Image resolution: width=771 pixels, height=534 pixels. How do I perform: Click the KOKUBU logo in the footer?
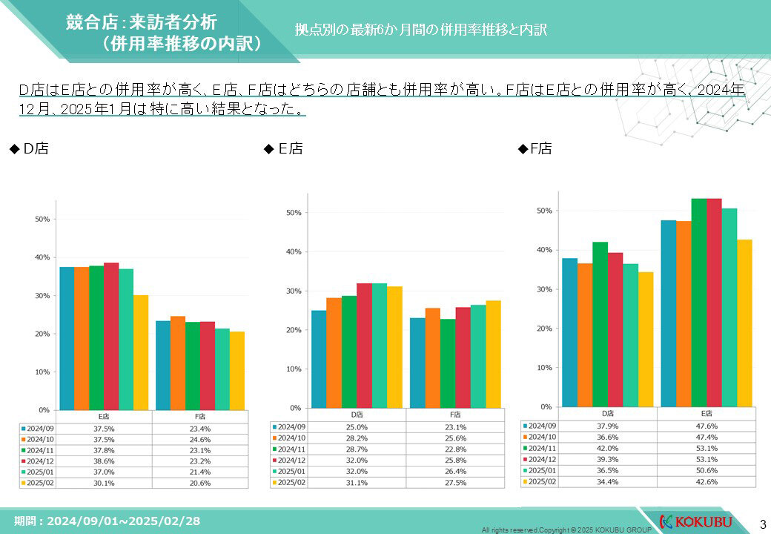(695, 521)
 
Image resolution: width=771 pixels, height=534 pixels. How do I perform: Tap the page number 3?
(762, 522)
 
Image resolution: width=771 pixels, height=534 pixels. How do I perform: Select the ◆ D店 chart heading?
(29, 149)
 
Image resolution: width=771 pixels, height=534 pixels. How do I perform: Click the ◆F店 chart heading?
(535, 149)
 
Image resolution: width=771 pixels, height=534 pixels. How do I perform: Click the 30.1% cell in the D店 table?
(105, 482)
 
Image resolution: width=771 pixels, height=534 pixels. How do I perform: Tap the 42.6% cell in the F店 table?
(706, 481)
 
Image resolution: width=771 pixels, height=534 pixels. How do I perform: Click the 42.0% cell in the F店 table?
(607, 447)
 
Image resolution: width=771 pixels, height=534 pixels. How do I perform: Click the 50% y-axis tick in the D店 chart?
(42, 220)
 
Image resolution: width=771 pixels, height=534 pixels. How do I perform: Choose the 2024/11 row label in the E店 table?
(291, 449)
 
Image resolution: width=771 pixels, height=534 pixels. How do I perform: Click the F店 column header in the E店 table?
(455, 415)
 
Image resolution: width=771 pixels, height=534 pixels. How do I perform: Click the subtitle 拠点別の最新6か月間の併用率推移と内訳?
(420, 30)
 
